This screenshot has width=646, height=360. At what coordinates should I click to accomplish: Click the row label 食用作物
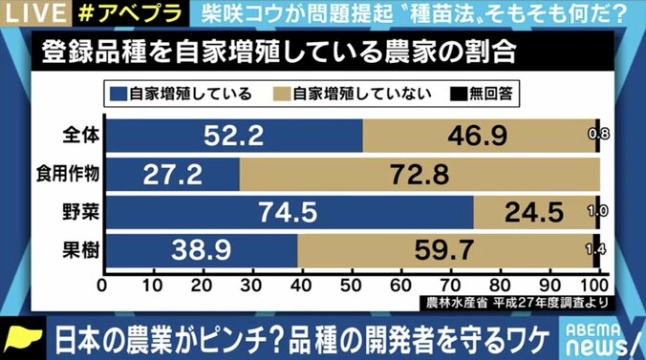tap(72, 174)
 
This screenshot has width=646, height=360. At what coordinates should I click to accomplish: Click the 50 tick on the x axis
tap(351, 286)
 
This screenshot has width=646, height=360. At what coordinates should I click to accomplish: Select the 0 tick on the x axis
tap(102, 286)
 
